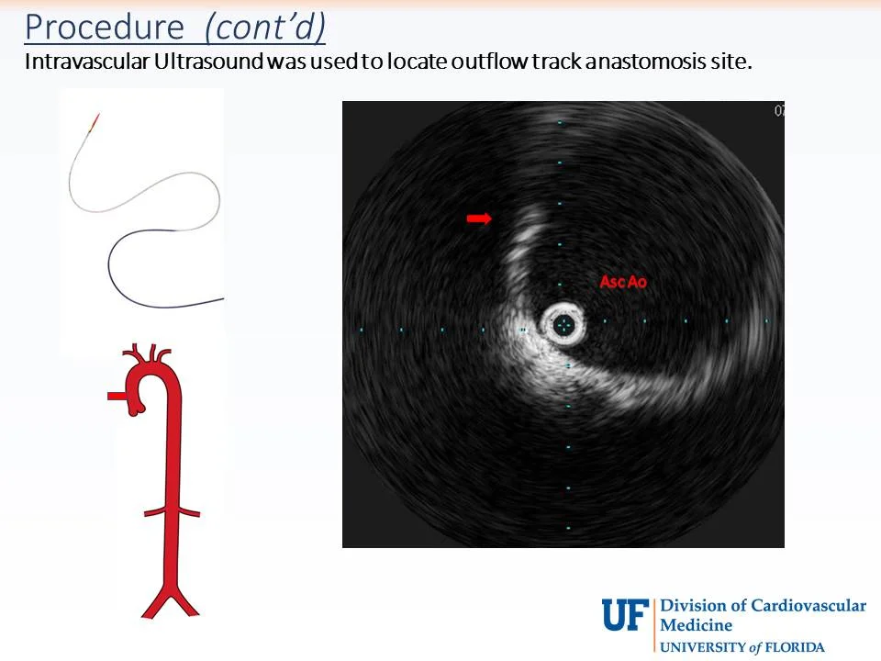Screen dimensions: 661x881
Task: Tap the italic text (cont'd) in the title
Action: pyautogui.click(x=264, y=28)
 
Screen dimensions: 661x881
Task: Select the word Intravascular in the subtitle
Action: pyautogui.click(x=80, y=62)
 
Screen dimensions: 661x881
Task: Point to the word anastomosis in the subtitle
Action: pyautogui.click(x=624, y=62)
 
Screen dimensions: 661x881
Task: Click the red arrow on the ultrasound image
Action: pyautogui.click(x=479, y=218)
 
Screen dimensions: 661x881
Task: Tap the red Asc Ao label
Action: pyautogui.click(x=623, y=282)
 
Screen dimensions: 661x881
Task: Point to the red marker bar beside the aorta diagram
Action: pyautogui.click(x=117, y=396)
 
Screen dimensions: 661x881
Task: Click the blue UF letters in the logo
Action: pyautogui.click(x=625, y=613)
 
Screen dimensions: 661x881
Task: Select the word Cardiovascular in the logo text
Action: pyautogui.click(x=808, y=606)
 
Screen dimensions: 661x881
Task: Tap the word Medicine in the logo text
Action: pyautogui.click(x=697, y=625)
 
